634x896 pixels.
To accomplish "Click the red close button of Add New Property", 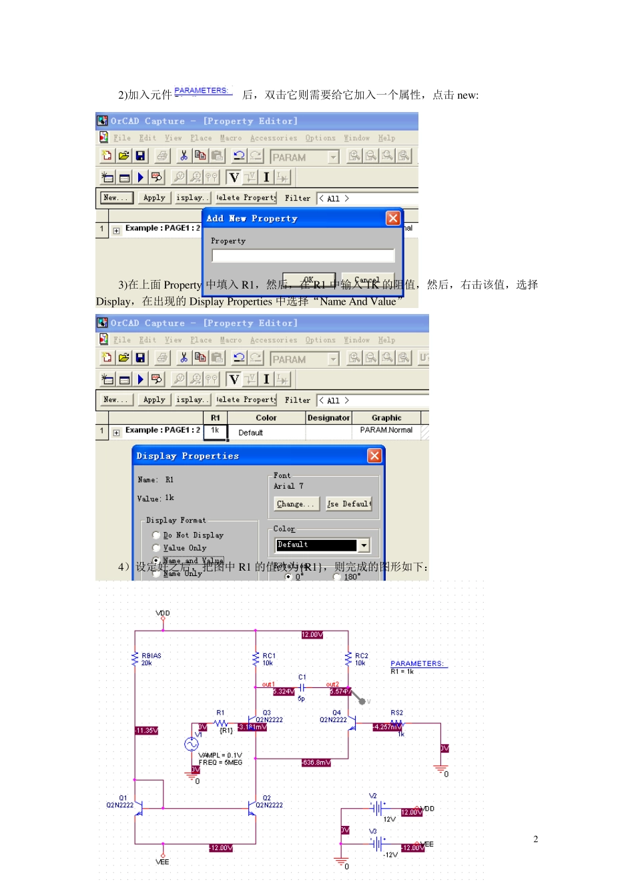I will [393, 218].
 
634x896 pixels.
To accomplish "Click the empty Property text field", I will [303, 256].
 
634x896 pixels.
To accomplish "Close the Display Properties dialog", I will [374, 455].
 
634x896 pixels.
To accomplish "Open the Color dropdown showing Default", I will [364, 545].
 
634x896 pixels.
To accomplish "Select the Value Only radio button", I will [156, 548].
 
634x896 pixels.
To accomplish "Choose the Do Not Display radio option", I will [156, 535].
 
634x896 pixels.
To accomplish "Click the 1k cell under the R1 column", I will [215, 431].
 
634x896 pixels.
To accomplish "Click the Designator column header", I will [328, 418].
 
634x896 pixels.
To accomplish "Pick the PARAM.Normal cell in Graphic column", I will [386, 431].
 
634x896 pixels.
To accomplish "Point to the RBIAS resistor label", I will [151, 656].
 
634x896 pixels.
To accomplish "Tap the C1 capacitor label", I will [302, 677].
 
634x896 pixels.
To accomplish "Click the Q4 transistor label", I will [336, 713].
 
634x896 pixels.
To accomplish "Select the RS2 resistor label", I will [396, 713].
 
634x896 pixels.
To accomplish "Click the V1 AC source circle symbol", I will [192, 744].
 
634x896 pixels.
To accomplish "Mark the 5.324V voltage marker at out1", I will [284, 691].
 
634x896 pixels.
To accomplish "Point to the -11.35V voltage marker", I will [146, 731].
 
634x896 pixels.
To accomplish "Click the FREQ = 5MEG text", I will [220, 763].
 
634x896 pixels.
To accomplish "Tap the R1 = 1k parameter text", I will [402, 672].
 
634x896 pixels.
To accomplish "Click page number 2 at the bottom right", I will [535, 839].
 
